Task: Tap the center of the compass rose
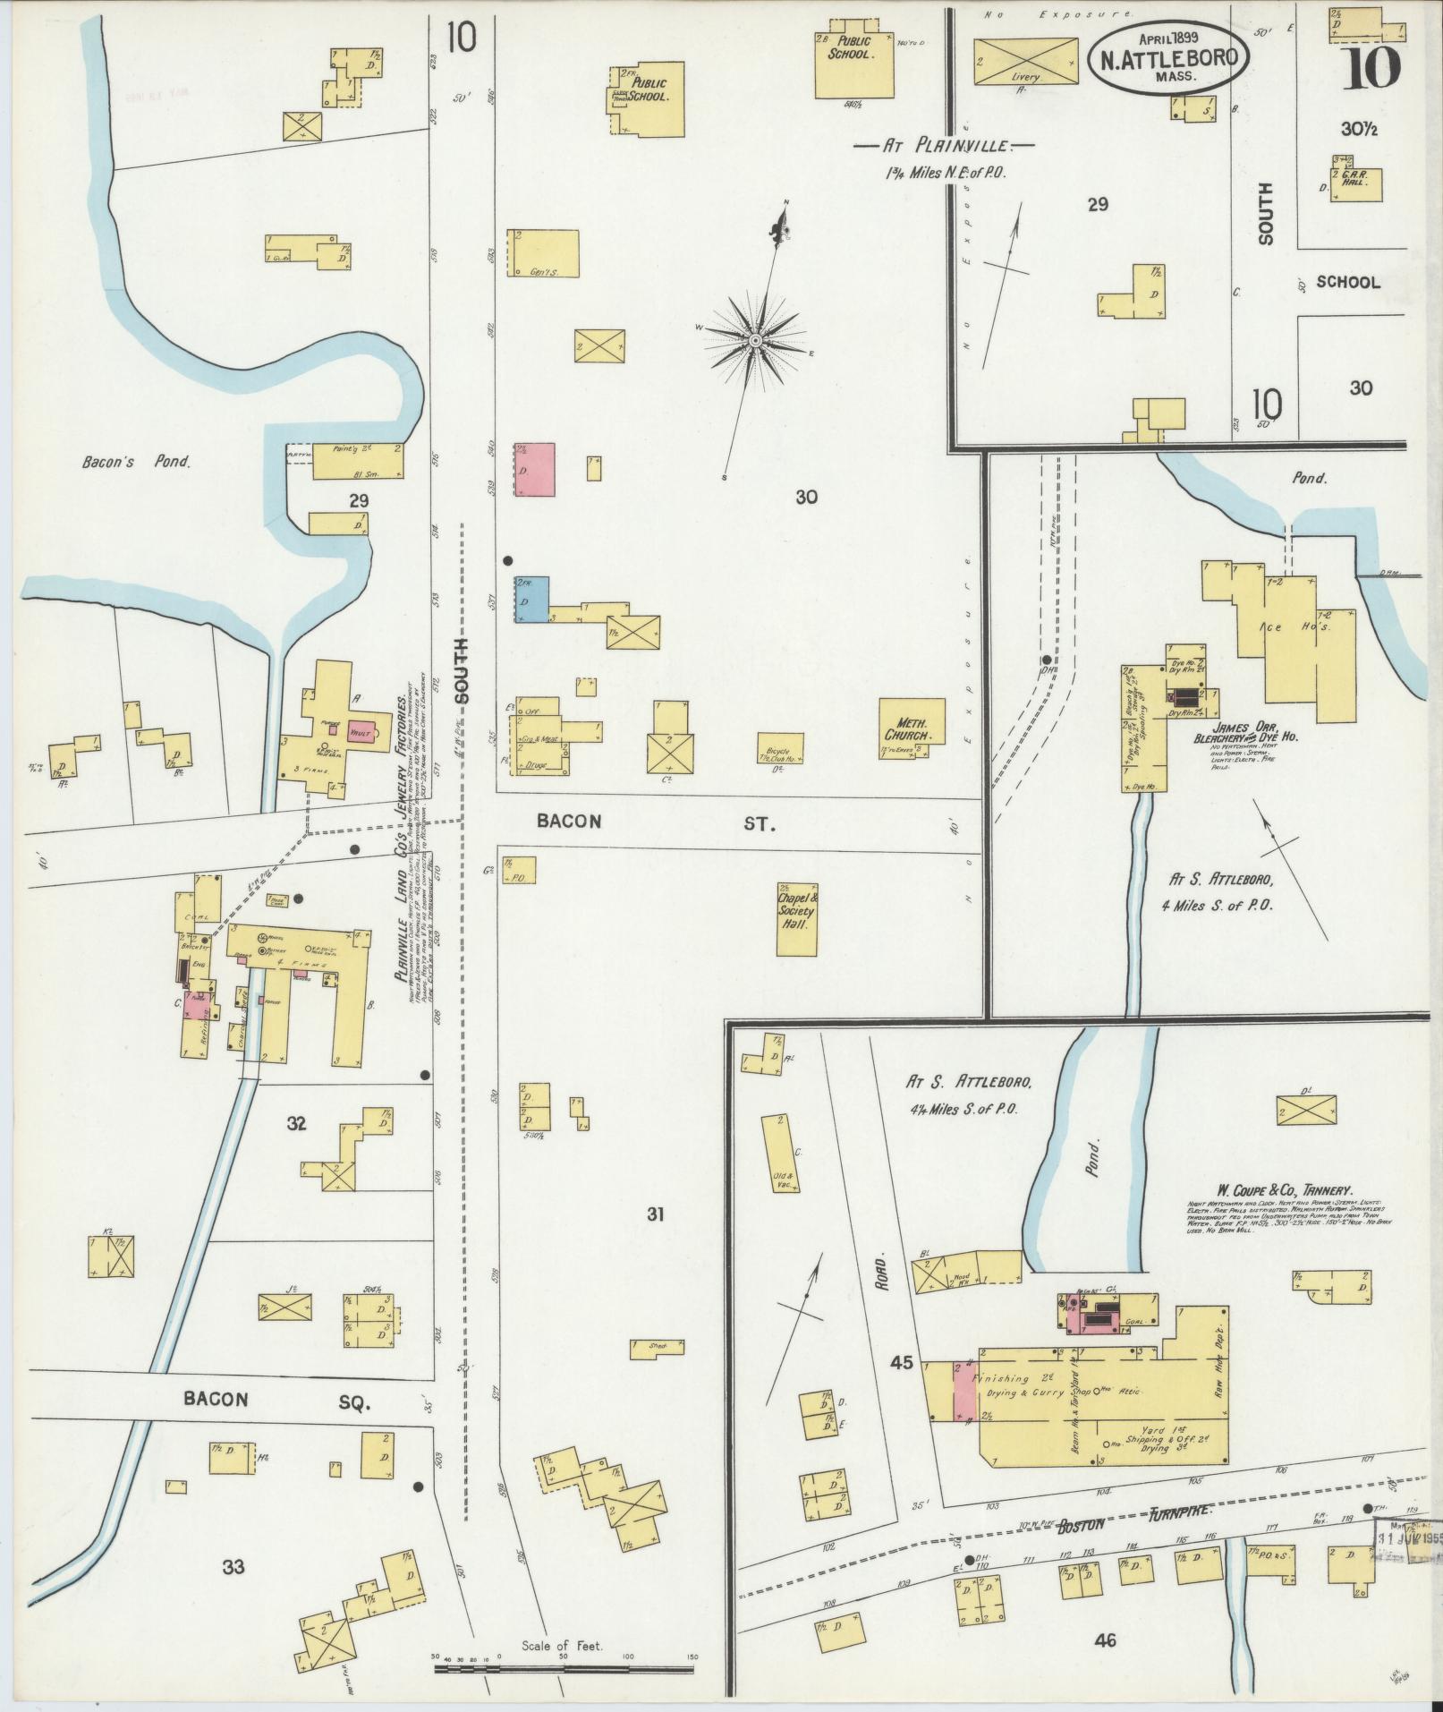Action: pyautogui.click(x=755, y=340)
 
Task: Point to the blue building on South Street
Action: pyautogui.click(x=531, y=599)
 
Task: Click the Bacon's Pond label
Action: pyautogui.click(x=134, y=463)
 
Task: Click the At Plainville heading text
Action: pyautogui.click(x=944, y=145)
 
